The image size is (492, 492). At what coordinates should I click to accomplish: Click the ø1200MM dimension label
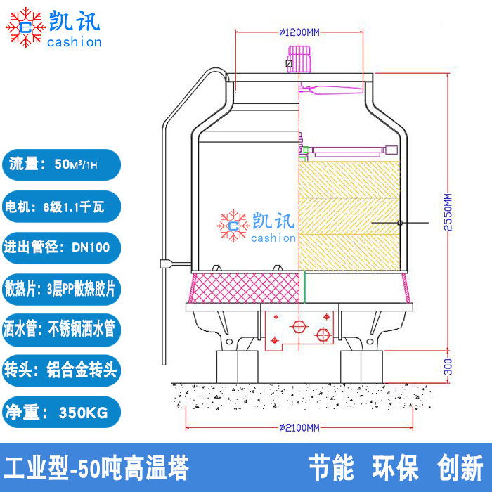(299, 32)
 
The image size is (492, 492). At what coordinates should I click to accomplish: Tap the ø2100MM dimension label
(299, 427)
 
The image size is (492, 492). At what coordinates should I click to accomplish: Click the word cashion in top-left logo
(75, 42)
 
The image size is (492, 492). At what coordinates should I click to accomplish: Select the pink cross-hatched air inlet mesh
(245, 287)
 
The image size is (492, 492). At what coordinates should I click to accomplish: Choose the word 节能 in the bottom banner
(331, 468)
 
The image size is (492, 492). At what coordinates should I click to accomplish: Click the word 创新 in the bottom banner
(460, 468)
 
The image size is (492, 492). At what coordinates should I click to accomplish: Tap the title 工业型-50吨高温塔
(97, 468)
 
